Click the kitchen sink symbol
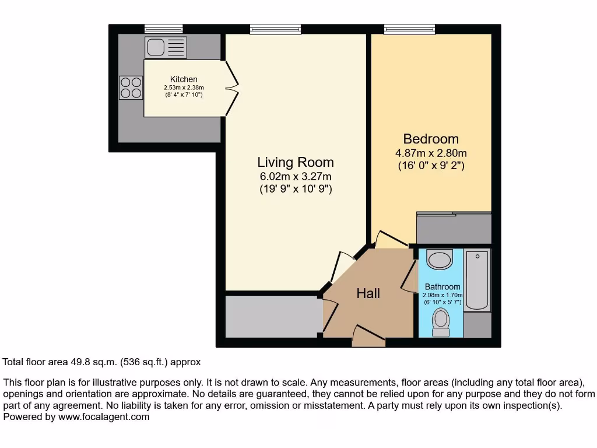[x=166, y=47]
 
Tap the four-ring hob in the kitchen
[x=131, y=87]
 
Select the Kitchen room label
[x=184, y=79]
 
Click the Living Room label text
[x=296, y=162]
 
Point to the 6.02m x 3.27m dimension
[x=296, y=177]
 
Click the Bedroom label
[x=431, y=139]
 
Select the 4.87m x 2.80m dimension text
[x=431, y=153]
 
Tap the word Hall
[x=368, y=293]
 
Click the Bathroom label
[x=443, y=287]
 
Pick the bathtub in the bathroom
[x=477, y=280]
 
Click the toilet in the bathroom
[x=441, y=321]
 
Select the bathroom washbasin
[x=440, y=258]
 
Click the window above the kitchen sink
[x=164, y=29]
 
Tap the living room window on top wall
[x=276, y=29]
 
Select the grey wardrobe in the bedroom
[x=454, y=228]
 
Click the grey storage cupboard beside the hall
[x=273, y=316]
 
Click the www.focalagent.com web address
[x=103, y=417]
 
